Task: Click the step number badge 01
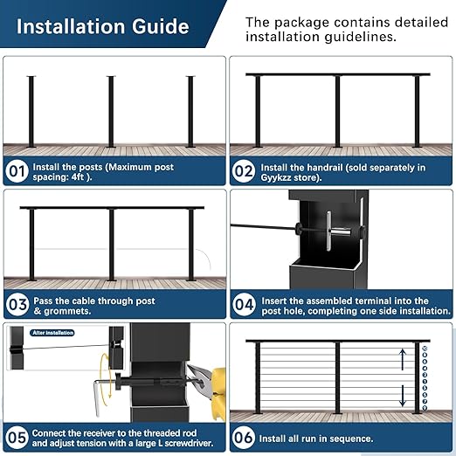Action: [17, 171]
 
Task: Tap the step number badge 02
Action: [245, 171]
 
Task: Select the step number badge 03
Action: [17, 305]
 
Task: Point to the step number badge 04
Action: [245, 305]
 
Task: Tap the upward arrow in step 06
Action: [403, 356]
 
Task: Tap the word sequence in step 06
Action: [348, 438]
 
